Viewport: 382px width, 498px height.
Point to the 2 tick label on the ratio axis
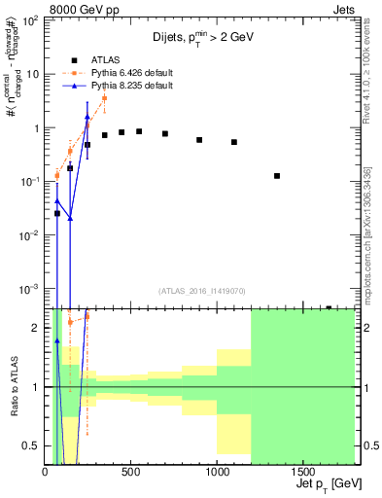coord(38,328)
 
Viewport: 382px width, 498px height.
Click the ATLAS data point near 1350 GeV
coord(277,176)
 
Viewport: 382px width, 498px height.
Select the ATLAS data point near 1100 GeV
coord(234,142)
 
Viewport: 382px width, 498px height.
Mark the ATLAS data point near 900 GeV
coord(199,140)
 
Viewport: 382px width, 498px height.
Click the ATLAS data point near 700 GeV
coord(165,133)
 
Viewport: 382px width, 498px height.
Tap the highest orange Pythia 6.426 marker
coord(104,98)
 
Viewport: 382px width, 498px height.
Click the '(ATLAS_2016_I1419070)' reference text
coord(201,290)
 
